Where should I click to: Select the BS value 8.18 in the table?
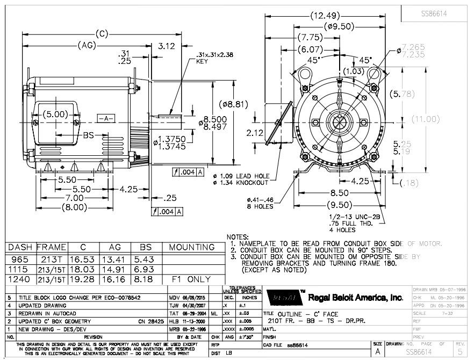coord(146,280)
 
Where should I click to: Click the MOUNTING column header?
coord(192,248)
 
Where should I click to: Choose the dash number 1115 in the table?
coord(19,269)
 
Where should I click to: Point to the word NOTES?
coord(238,237)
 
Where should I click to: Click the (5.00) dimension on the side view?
coord(55,114)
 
